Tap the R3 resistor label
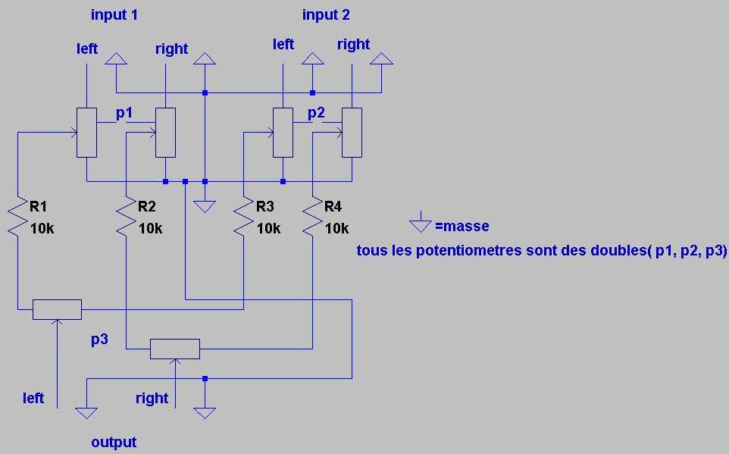coord(265,206)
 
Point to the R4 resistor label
coord(333,206)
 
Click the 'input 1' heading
coord(114,14)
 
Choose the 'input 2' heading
coord(326,14)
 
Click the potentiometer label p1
coord(124,113)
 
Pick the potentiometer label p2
coord(316,113)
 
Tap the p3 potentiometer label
coord(99,339)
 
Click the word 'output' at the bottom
coord(114,442)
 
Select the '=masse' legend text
coord(462,226)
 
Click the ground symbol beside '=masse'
coord(419,224)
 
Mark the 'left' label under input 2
coord(283,45)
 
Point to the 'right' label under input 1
coord(171,49)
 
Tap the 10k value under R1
coord(43,228)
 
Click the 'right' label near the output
coord(152,398)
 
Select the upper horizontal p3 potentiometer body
coord(57,309)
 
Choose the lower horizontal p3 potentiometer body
coord(175,349)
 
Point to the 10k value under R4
coord(336,228)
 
